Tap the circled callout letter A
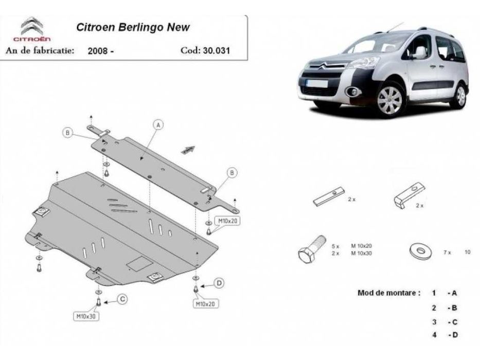tap(158, 124)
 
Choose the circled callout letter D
tap(219, 283)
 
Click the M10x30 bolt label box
tap(86, 316)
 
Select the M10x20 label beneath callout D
tap(205, 304)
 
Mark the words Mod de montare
tap(388, 293)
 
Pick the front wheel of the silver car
tap(390, 99)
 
